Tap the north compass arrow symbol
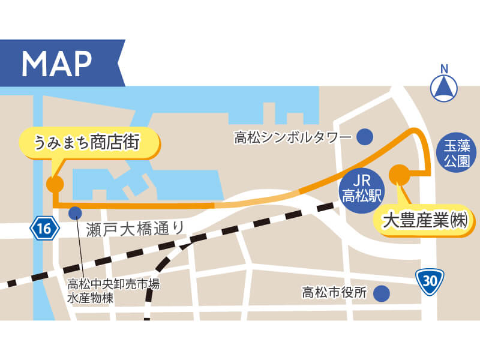click(x=444, y=89)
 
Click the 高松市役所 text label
click(x=334, y=293)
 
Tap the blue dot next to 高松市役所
click(x=380, y=293)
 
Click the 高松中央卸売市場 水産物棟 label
click(x=113, y=290)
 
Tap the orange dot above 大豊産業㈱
click(x=399, y=175)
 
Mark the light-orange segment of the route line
click(x=258, y=200)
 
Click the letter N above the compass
click(x=444, y=68)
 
